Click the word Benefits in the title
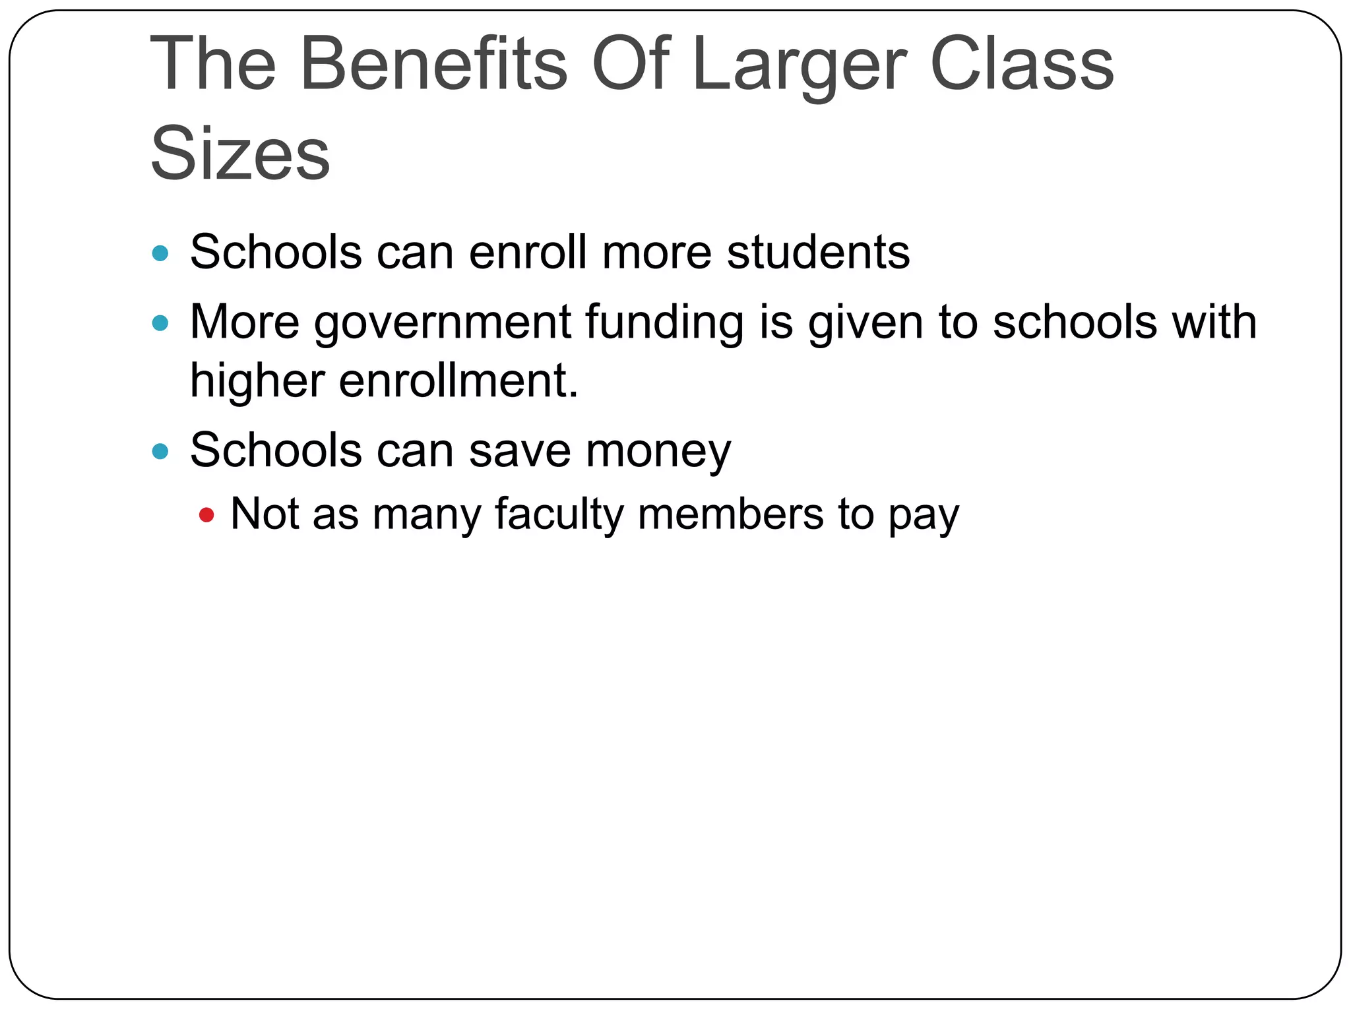[x=433, y=64]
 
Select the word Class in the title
[x=1022, y=64]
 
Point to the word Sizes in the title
[x=240, y=154]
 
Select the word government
[x=442, y=322]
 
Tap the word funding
[x=664, y=322]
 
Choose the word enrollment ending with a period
[x=458, y=381]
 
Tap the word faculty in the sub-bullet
[x=559, y=514]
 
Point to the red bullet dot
[x=206, y=515]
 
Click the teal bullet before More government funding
[x=160, y=323]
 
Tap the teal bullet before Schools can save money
[x=160, y=452]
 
